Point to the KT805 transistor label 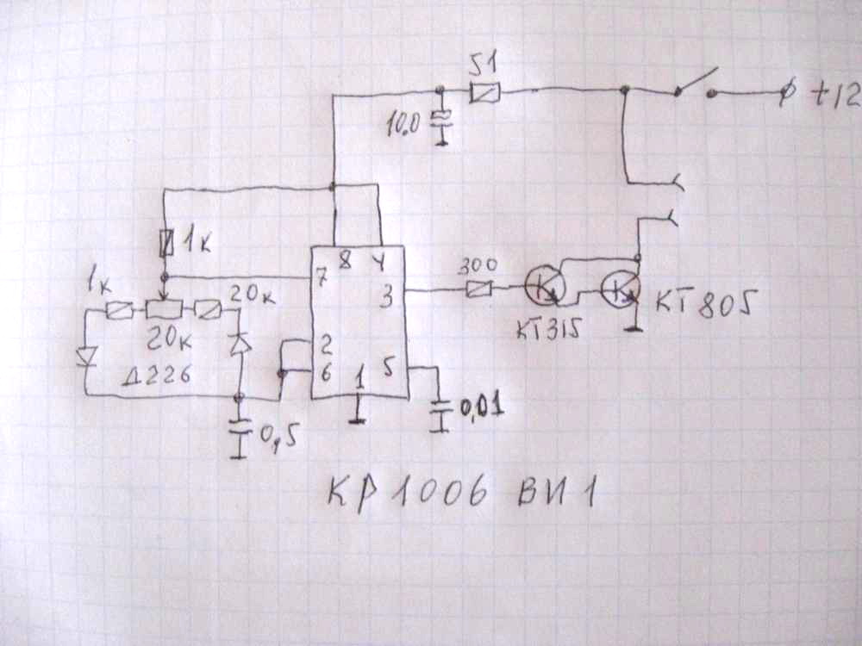coord(706,303)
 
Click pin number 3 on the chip coord(387,299)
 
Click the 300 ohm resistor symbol coord(478,290)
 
